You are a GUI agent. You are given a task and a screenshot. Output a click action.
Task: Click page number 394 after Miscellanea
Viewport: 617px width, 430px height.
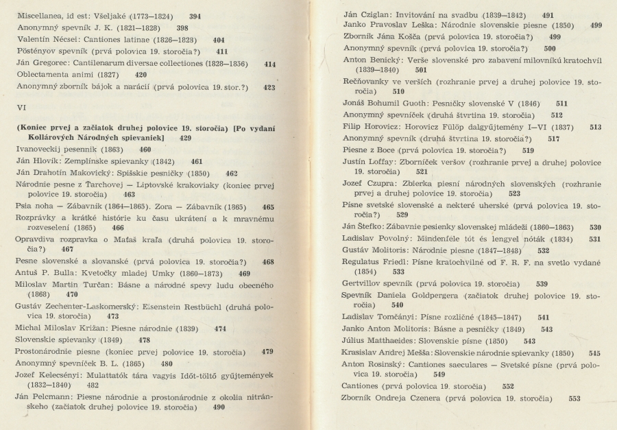(195, 15)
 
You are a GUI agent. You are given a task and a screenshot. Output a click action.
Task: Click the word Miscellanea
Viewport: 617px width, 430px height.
(42, 15)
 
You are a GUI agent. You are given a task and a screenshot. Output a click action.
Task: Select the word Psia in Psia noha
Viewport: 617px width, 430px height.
(23, 206)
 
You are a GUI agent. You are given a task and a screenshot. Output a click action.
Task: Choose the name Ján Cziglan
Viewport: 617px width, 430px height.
(365, 14)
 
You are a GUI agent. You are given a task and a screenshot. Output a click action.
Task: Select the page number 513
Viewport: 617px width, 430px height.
(594, 127)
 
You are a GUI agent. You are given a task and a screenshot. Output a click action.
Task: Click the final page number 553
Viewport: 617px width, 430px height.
(574, 398)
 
